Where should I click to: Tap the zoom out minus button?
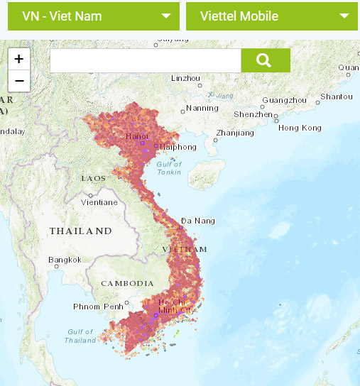pyautogui.click(x=18, y=80)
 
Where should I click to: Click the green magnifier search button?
pyautogui.click(x=265, y=60)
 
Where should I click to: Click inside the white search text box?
pyautogui.click(x=146, y=60)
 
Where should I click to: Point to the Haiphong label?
pyautogui.click(x=178, y=147)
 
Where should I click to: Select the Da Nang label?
pyautogui.click(x=198, y=221)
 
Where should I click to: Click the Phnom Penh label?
pyautogui.click(x=98, y=307)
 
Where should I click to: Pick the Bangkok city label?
pyautogui.click(x=65, y=260)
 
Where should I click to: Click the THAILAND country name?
pyautogui.click(x=80, y=231)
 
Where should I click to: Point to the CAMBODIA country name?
pyautogui.click(x=128, y=282)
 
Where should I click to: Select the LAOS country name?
pyautogui.click(x=94, y=178)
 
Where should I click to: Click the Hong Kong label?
pyautogui.click(x=300, y=128)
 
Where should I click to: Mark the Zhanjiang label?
pyautogui.click(x=235, y=133)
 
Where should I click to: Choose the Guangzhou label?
pyautogui.click(x=283, y=100)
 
